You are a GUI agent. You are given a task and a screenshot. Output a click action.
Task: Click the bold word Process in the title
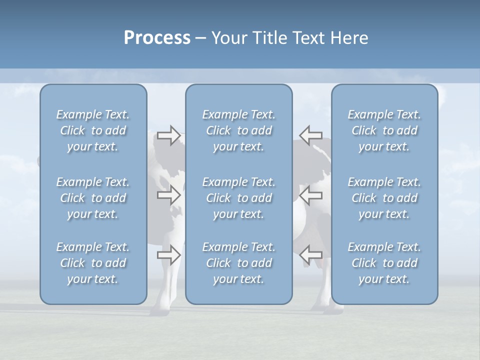point(157,38)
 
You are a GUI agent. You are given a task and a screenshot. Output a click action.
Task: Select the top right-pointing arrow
point(169,135)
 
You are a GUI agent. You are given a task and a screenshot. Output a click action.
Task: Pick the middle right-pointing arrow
point(169,195)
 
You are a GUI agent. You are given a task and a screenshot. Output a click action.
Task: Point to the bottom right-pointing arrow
point(169,255)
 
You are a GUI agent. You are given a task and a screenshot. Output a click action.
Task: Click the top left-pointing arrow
point(310,135)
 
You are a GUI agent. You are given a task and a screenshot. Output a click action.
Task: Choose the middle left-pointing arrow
point(310,195)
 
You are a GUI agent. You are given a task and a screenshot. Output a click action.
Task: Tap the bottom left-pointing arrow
point(310,255)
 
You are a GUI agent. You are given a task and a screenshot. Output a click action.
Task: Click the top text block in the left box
point(93,130)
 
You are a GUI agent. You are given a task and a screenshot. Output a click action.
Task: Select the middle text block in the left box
point(93,198)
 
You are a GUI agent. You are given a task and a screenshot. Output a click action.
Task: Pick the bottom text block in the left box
point(93,263)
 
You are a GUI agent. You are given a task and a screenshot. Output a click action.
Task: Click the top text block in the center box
point(238,130)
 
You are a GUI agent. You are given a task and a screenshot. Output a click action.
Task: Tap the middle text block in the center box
point(238,198)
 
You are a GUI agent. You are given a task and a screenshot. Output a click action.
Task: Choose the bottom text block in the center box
point(238,263)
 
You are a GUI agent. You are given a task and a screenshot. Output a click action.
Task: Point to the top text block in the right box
point(384,130)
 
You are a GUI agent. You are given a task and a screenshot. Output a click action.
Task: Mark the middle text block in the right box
point(384,198)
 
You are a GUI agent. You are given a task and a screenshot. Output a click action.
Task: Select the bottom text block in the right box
point(384,263)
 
